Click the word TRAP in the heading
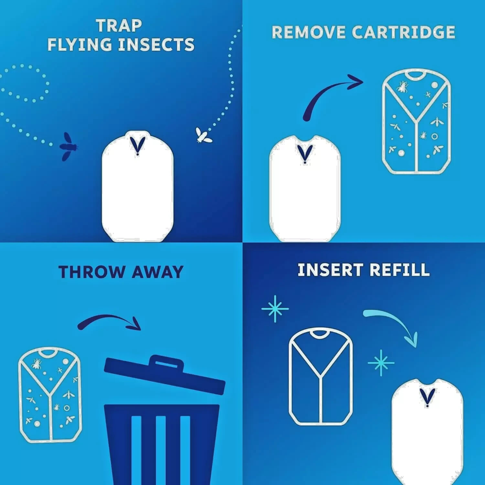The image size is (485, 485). click(x=119, y=26)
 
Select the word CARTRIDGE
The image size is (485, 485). click(x=404, y=32)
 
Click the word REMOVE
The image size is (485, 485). click(x=308, y=32)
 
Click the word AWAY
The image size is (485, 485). click(x=157, y=272)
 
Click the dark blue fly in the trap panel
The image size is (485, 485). click(x=69, y=146)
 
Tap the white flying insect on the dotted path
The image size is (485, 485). click(x=203, y=135)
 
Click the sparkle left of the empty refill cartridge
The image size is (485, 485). click(x=275, y=308)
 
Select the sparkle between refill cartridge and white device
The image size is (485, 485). click(x=381, y=363)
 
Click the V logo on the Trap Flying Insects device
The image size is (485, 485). click(x=138, y=145)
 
